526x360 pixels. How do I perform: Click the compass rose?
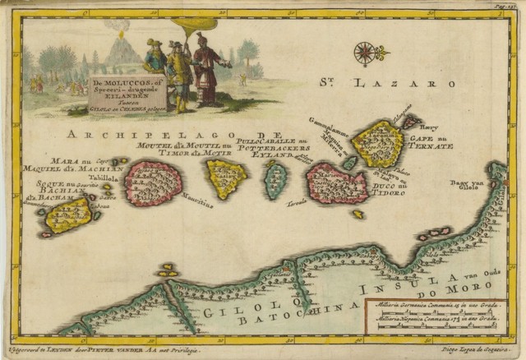pyautogui.click(x=364, y=54)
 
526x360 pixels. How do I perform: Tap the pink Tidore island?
pyautogui.click(x=337, y=183)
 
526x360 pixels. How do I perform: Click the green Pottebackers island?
pyautogui.click(x=276, y=180)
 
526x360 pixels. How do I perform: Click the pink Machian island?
pyautogui.click(x=154, y=182)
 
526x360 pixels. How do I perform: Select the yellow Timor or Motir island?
pyautogui.click(x=226, y=178)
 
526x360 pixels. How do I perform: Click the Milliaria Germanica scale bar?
pyautogui.click(x=436, y=313)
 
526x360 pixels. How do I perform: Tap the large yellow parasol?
pyautogui.click(x=201, y=39)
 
